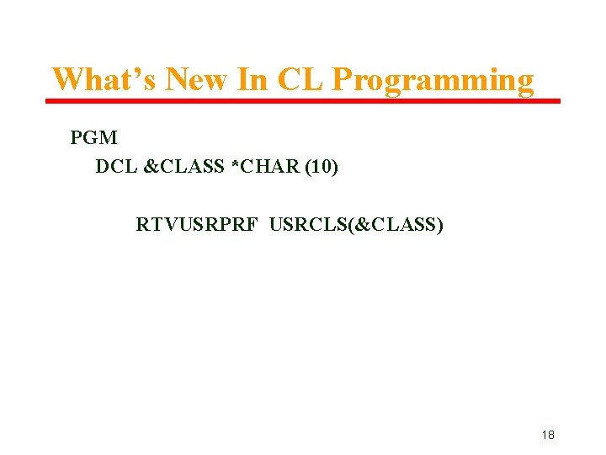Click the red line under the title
point(302,101)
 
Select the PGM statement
point(93,137)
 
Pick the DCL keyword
point(116,167)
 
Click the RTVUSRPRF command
point(199,225)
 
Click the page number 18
point(548,435)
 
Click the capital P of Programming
point(343,80)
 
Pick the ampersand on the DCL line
point(151,167)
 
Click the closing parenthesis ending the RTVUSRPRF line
point(440,225)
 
